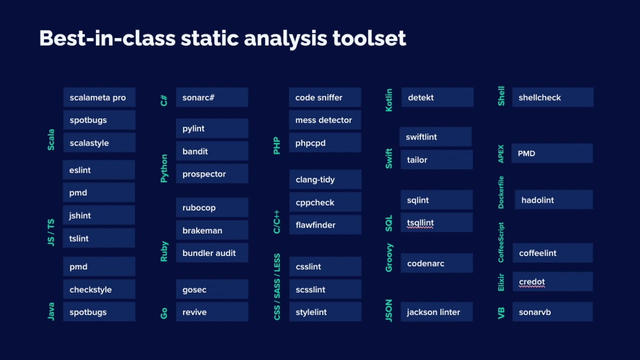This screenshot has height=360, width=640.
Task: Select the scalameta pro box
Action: [99, 97]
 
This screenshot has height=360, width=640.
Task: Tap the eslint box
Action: [99, 170]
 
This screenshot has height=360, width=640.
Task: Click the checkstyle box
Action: [99, 289]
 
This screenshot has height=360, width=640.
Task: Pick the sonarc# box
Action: [212, 97]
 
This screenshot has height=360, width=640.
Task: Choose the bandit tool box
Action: [212, 151]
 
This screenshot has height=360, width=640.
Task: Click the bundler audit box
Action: [212, 253]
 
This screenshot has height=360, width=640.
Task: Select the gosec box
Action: [212, 289]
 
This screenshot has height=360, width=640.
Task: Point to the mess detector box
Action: [325, 120]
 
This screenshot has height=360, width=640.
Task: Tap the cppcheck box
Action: [325, 202]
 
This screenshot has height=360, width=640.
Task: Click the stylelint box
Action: [325, 312]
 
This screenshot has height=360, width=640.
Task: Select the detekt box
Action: [437, 97]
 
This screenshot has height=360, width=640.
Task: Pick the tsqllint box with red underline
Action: [436, 223]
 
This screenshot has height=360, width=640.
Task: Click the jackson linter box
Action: [436, 312]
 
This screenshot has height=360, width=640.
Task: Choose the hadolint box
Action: [553, 200]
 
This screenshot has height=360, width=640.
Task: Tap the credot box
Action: [552, 282]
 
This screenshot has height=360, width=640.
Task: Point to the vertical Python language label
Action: [164, 168]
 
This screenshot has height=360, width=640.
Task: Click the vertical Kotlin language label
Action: [389, 100]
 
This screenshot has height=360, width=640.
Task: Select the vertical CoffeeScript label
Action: [501, 242]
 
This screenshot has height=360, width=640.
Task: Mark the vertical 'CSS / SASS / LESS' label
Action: [277, 287]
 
